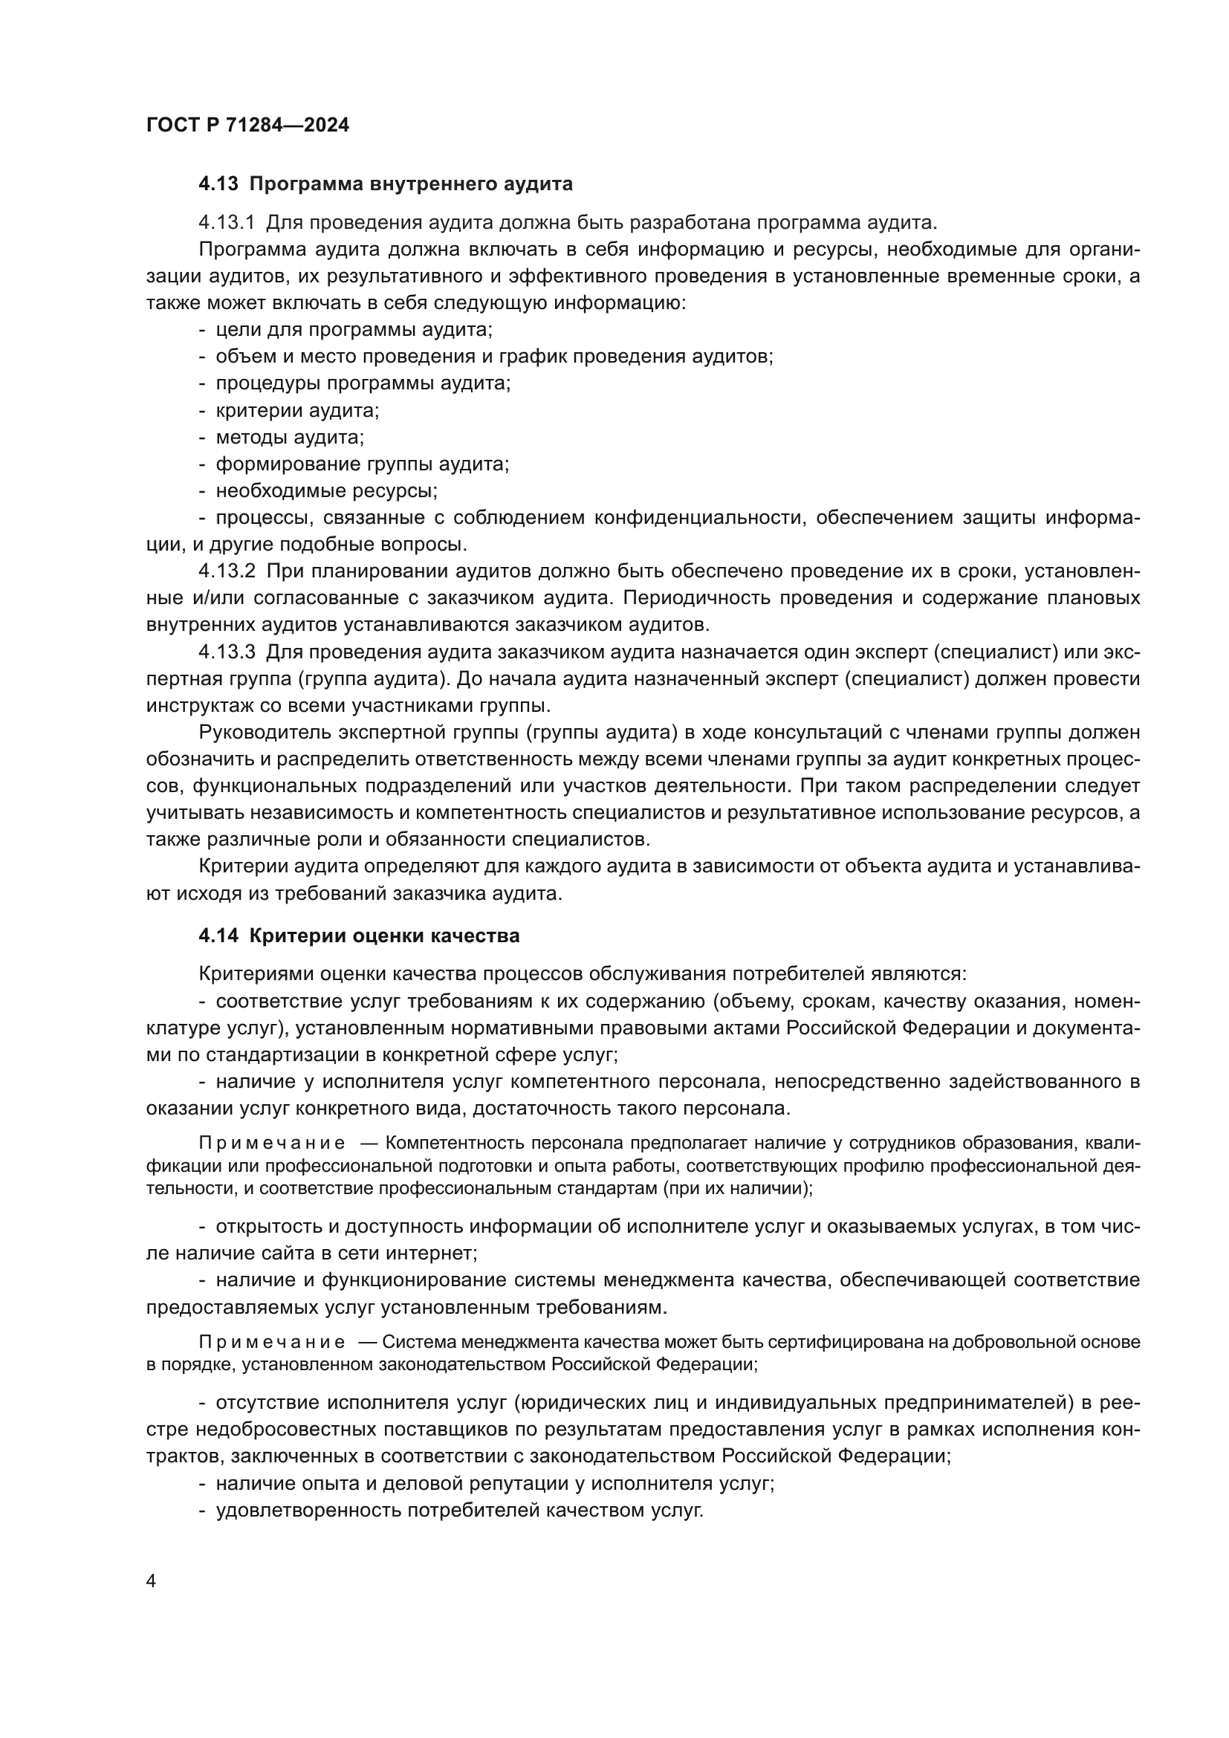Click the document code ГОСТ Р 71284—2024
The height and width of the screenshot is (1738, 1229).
247,126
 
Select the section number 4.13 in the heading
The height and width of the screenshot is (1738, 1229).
218,184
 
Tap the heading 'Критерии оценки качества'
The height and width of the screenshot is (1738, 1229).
384,936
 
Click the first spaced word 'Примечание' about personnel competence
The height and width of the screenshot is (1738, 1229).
272,1143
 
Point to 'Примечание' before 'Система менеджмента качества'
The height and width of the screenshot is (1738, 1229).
272,1343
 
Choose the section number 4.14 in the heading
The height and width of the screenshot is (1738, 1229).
218,936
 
